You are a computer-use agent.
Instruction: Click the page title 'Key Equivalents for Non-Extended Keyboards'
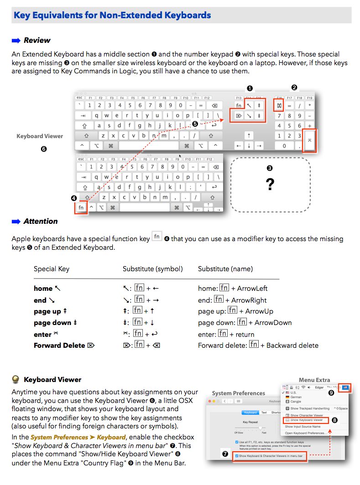click(x=112, y=15)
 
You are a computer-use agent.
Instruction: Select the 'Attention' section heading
click(x=41, y=222)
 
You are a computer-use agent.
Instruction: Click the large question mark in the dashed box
click(x=270, y=185)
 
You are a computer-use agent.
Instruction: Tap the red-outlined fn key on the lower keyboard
click(x=81, y=207)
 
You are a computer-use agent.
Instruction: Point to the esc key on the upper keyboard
click(x=80, y=98)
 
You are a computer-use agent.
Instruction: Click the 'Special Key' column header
click(x=52, y=269)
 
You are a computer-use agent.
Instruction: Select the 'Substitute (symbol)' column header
click(x=152, y=269)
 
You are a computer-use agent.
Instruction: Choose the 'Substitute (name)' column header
click(x=225, y=269)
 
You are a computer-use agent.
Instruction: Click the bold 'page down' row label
click(x=52, y=323)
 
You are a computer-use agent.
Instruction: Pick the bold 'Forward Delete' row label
click(x=59, y=346)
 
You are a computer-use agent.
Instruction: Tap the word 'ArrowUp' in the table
click(x=259, y=311)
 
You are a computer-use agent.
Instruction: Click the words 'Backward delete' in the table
click(x=292, y=346)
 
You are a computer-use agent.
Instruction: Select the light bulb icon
click(x=16, y=379)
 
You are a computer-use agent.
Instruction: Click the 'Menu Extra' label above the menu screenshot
click(x=314, y=380)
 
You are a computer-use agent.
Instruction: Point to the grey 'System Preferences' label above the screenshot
click(x=238, y=393)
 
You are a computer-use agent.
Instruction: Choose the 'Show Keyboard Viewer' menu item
click(x=306, y=420)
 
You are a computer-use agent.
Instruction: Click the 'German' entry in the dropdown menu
click(x=296, y=397)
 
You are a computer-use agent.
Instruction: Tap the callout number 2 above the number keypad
click(x=294, y=88)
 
